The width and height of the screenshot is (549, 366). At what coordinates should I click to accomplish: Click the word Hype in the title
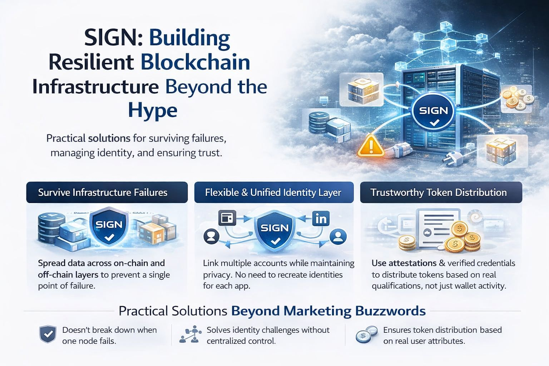tap(153, 110)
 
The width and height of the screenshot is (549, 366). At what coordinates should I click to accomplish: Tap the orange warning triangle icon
tap(371, 146)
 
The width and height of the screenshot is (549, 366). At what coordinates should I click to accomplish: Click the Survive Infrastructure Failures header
tap(103, 193)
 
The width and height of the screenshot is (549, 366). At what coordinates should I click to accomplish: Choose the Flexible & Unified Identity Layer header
tap(273, 193)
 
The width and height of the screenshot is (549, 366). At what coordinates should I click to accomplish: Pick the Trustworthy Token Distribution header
tap(439, 193)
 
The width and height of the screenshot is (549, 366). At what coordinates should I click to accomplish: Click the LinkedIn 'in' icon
tap(321, 218)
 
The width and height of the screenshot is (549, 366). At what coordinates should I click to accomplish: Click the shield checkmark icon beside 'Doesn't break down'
tap(48, 335)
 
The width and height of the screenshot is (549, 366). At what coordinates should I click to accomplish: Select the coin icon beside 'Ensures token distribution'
tap(366, 335)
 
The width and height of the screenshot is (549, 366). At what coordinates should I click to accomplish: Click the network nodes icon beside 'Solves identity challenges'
tap(190, 334)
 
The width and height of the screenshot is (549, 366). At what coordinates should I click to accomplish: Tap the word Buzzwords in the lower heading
tap(390, 311)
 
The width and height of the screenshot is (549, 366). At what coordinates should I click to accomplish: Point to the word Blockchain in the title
tap(195, 62)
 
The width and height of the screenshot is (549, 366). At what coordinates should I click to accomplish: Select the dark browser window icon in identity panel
tap(227, 218)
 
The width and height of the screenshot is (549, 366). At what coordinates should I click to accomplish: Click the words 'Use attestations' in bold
tap(404, 263)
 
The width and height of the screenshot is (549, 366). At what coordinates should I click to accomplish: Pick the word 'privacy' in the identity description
tap(217, 275)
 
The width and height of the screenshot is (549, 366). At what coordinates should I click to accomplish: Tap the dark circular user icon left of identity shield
tap(211, 236)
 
